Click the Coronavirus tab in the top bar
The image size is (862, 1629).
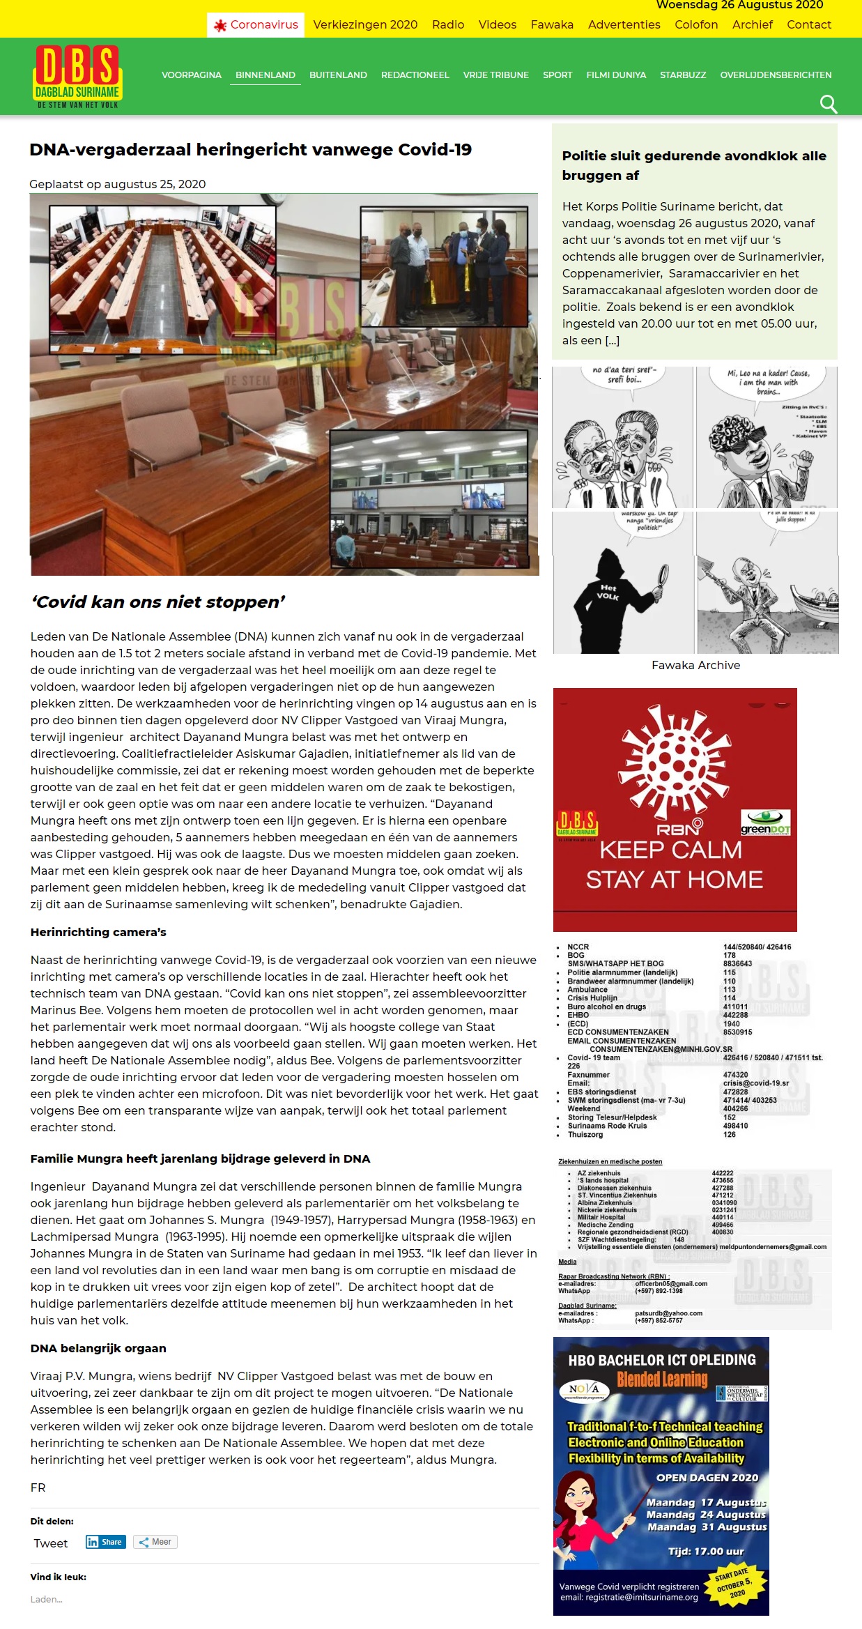tap(256, 25)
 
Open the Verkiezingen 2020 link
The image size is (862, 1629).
tap(365, 25)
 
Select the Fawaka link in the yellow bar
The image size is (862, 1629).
tap(552, 25)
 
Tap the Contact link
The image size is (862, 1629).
tap(808, 25)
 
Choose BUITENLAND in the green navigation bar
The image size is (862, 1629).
tap(338, 75)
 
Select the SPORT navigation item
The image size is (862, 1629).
tap(557, 75)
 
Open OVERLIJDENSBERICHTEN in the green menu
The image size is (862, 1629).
tap(776, 75)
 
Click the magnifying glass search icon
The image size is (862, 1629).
tap(828, 105)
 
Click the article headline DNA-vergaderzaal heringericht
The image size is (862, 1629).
tap(250, 150)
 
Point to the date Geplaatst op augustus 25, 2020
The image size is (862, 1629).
tap(117, 184)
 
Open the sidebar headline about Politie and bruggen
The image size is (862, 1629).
tap(694, 165)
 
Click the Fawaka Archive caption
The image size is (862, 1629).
tap(695, 666)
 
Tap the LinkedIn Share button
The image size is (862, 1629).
tap(105, 1542)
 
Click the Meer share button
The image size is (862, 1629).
tap(155, 1542)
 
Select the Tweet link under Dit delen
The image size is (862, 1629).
tap(51, 1543)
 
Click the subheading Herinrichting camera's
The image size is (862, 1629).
tap(98, 932)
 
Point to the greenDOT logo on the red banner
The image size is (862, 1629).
tap(765, 823)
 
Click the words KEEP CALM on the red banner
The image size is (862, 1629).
tap(670, 850)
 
